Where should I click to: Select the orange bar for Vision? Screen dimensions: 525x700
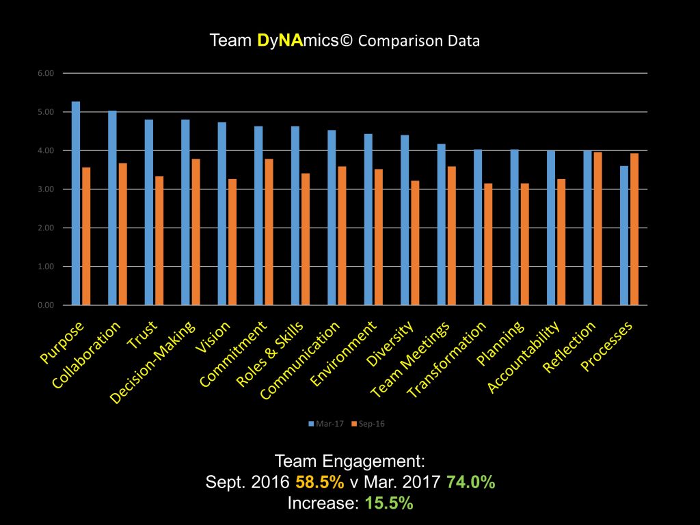tap(232, 242)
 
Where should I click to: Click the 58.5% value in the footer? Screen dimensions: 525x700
tap(320, 481)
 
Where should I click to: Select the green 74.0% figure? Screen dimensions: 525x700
tap(471, 481)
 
